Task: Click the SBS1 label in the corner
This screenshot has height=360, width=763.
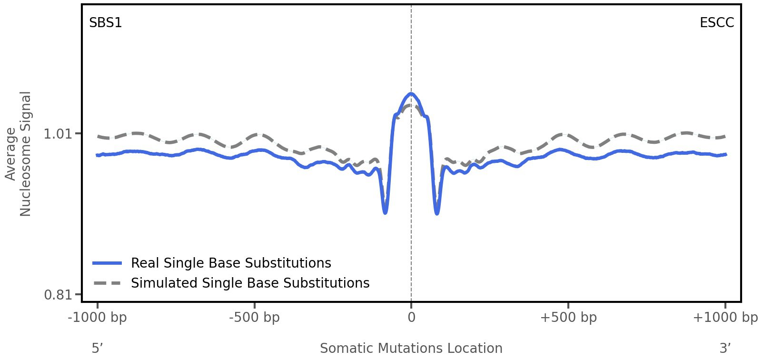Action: [x=106, y=23]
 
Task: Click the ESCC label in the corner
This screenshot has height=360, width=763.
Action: [x=716, y=23]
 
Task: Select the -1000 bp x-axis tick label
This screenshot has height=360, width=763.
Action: [x=98, y=318]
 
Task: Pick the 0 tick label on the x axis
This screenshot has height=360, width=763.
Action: [x=411, y=318]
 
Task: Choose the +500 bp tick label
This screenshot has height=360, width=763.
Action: [x=568, y=318]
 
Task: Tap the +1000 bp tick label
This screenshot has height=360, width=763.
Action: [x=725, y=318]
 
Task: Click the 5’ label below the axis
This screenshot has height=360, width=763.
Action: [x=97, y=349]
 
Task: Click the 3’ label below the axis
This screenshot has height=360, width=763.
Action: [x=725, y=349]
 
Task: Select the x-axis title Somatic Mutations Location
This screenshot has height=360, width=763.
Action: [x=411, y=349]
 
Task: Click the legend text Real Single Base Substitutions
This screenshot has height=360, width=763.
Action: [x=231, y=263]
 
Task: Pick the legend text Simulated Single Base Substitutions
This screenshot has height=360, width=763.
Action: [x=250, y=283]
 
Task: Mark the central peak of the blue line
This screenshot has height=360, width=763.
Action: [x=411, y=94]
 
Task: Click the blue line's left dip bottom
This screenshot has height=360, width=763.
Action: [x=385, y=212]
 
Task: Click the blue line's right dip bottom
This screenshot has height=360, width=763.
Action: [x=437, y=213]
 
